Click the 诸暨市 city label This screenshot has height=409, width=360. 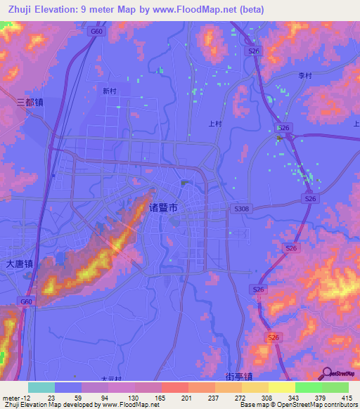click(x=168, y=208)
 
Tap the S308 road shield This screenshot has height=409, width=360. click(x=241, y=209)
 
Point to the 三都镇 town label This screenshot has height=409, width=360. click(x=30, y=102)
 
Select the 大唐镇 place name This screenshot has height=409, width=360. click(x=20, y=264)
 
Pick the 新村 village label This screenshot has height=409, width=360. click(x=110, y=91)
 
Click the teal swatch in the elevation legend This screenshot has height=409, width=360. click(x=41, y=387)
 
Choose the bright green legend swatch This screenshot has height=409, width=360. click(x=309, y=387)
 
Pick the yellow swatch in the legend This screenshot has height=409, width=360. click(x=282, y=387)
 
